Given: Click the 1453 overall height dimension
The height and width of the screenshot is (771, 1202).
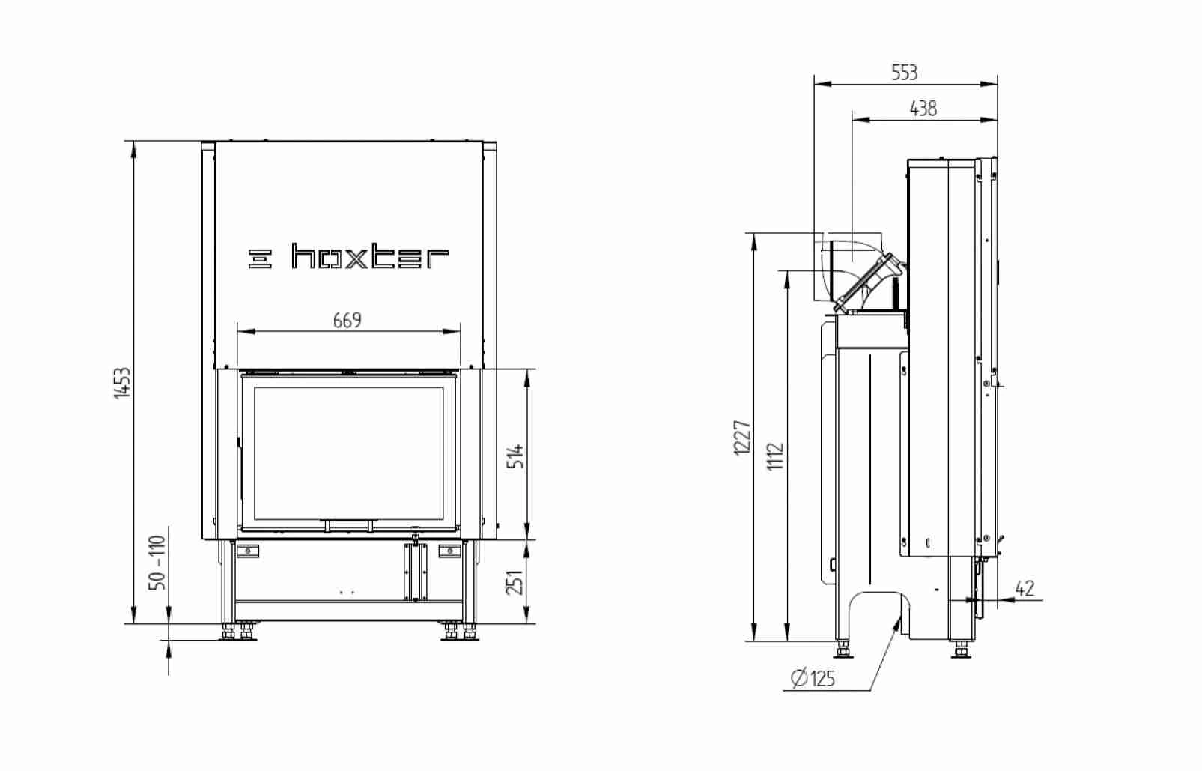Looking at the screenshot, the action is [122, 382].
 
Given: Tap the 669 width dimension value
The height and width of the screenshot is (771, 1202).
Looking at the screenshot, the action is [347, 321].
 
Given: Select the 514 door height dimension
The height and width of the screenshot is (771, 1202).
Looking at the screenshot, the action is [515, 456].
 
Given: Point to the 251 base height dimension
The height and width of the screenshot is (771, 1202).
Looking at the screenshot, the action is [515, 582].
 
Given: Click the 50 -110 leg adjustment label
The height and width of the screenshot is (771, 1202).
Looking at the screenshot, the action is [157, 562].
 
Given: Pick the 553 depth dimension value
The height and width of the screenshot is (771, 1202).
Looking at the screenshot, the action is [905, 73].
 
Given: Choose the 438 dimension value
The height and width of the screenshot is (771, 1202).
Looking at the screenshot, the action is [923, 109].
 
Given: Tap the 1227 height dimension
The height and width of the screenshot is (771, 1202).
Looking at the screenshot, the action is [742, 438].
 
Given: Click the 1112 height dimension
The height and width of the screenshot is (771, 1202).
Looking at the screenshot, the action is [775, 456].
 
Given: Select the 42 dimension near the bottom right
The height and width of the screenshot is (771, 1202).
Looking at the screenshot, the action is [1025, 588].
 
